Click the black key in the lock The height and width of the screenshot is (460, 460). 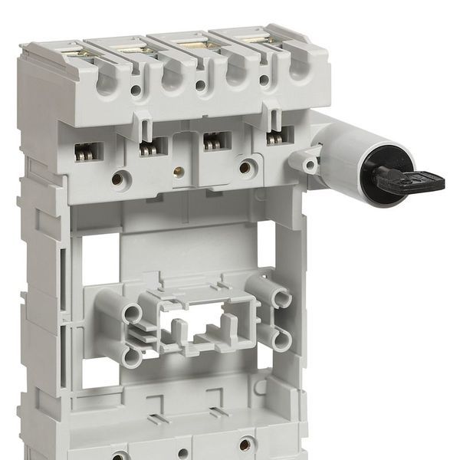(410, 181)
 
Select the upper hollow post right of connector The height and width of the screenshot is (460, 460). (281, 297)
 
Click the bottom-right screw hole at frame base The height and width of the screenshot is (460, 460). (245, 443)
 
